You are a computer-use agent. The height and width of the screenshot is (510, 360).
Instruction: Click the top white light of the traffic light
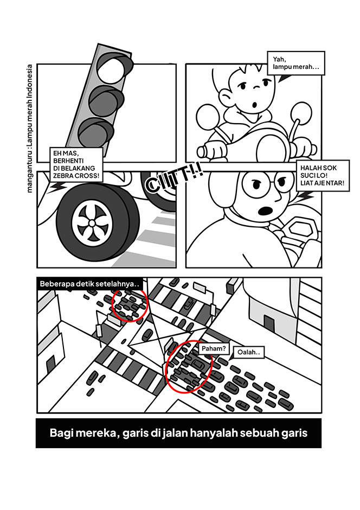(111, 69)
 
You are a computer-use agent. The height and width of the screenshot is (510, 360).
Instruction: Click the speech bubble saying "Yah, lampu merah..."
(295, 63)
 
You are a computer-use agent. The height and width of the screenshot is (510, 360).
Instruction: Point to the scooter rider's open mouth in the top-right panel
(254, 105)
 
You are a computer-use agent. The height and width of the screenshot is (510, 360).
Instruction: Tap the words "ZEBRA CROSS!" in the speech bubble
(76, 176)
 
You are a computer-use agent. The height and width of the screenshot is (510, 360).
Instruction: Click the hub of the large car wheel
(92, 223)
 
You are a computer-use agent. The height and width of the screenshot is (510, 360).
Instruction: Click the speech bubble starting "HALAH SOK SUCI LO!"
(323, 176)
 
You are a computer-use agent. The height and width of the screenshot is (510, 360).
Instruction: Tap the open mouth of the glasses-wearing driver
(265, 211)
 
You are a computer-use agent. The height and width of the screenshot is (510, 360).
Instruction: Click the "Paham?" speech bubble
(214, 349)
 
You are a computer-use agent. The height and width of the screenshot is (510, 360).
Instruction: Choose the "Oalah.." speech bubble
(249, 352)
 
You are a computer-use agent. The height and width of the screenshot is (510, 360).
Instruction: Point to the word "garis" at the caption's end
(294, 433)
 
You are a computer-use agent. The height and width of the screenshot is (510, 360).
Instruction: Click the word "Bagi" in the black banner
(60, 433)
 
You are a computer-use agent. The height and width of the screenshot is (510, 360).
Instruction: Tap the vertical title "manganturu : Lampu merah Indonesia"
(30, 129)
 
